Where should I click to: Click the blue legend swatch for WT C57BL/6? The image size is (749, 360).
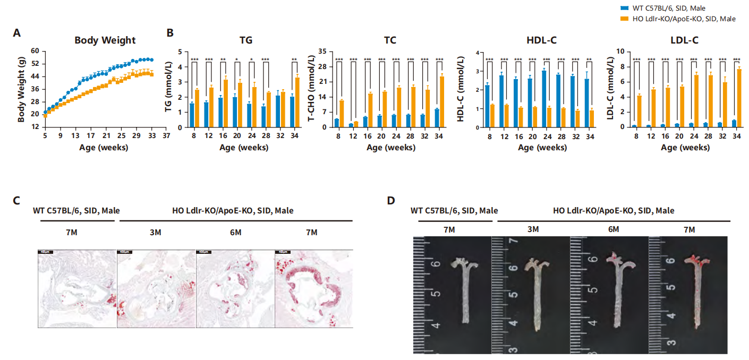(625, 8)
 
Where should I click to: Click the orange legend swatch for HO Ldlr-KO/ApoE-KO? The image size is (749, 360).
(625, 19)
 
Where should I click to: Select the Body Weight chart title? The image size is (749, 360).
(105, 40)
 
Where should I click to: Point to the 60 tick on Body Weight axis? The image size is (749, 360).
(35, 51)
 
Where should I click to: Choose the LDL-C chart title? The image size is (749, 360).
(685, 40)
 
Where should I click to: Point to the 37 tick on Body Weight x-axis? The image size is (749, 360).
(167, 135)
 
